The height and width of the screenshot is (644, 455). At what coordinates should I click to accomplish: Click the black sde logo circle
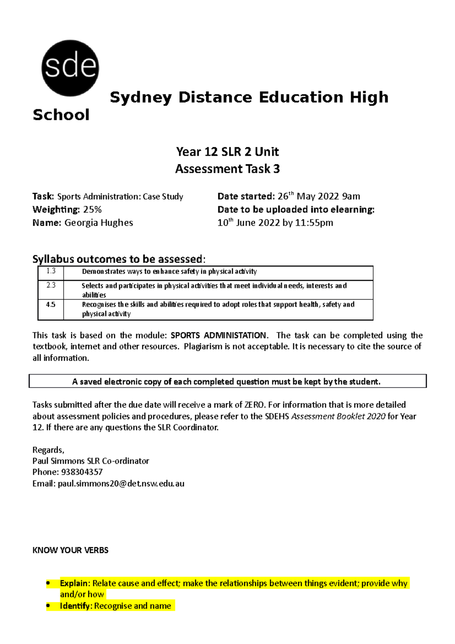70,68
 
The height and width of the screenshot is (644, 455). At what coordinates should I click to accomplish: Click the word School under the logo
61,115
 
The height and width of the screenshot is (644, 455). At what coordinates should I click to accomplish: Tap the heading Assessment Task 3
227,169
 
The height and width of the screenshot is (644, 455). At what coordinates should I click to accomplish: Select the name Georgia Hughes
99,223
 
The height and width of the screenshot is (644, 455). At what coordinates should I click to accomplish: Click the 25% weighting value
93,210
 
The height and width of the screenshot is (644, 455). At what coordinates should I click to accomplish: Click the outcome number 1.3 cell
51,271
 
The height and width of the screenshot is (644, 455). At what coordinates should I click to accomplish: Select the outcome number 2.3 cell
51,285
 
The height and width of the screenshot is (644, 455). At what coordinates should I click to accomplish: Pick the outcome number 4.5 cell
51,305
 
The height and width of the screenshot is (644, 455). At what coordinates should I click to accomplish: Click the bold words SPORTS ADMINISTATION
219,335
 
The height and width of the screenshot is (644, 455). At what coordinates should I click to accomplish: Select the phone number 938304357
82,472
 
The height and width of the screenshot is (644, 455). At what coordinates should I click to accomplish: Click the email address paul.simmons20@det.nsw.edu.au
121,484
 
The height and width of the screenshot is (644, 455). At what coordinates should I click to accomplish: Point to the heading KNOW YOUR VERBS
71,550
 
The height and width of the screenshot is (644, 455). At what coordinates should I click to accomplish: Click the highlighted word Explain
74,583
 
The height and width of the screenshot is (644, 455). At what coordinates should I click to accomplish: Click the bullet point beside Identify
48,606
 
